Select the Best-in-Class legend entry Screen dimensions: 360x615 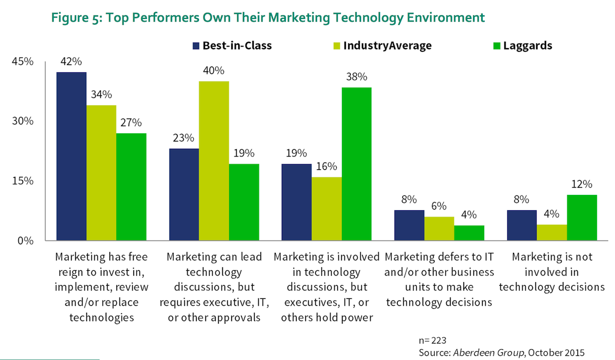point(232,45)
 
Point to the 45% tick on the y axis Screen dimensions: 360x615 point(23,62)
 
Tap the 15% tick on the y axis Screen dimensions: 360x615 point(23,181)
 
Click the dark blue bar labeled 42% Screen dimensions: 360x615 point(71,156)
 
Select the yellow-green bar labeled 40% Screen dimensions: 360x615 point(214,161)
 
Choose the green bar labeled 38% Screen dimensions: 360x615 point(356,164)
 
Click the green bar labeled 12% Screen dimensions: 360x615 point(582,217)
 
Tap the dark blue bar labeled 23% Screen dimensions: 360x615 point(184,194)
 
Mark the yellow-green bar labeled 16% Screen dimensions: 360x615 point(326,209)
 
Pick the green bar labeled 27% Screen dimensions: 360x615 point(131,187)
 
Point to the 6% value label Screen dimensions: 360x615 point(439,206)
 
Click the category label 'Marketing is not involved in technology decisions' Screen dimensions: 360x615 point(551,272)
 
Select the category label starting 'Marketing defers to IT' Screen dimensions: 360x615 point(439,279)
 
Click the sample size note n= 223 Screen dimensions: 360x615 point(433,340)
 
